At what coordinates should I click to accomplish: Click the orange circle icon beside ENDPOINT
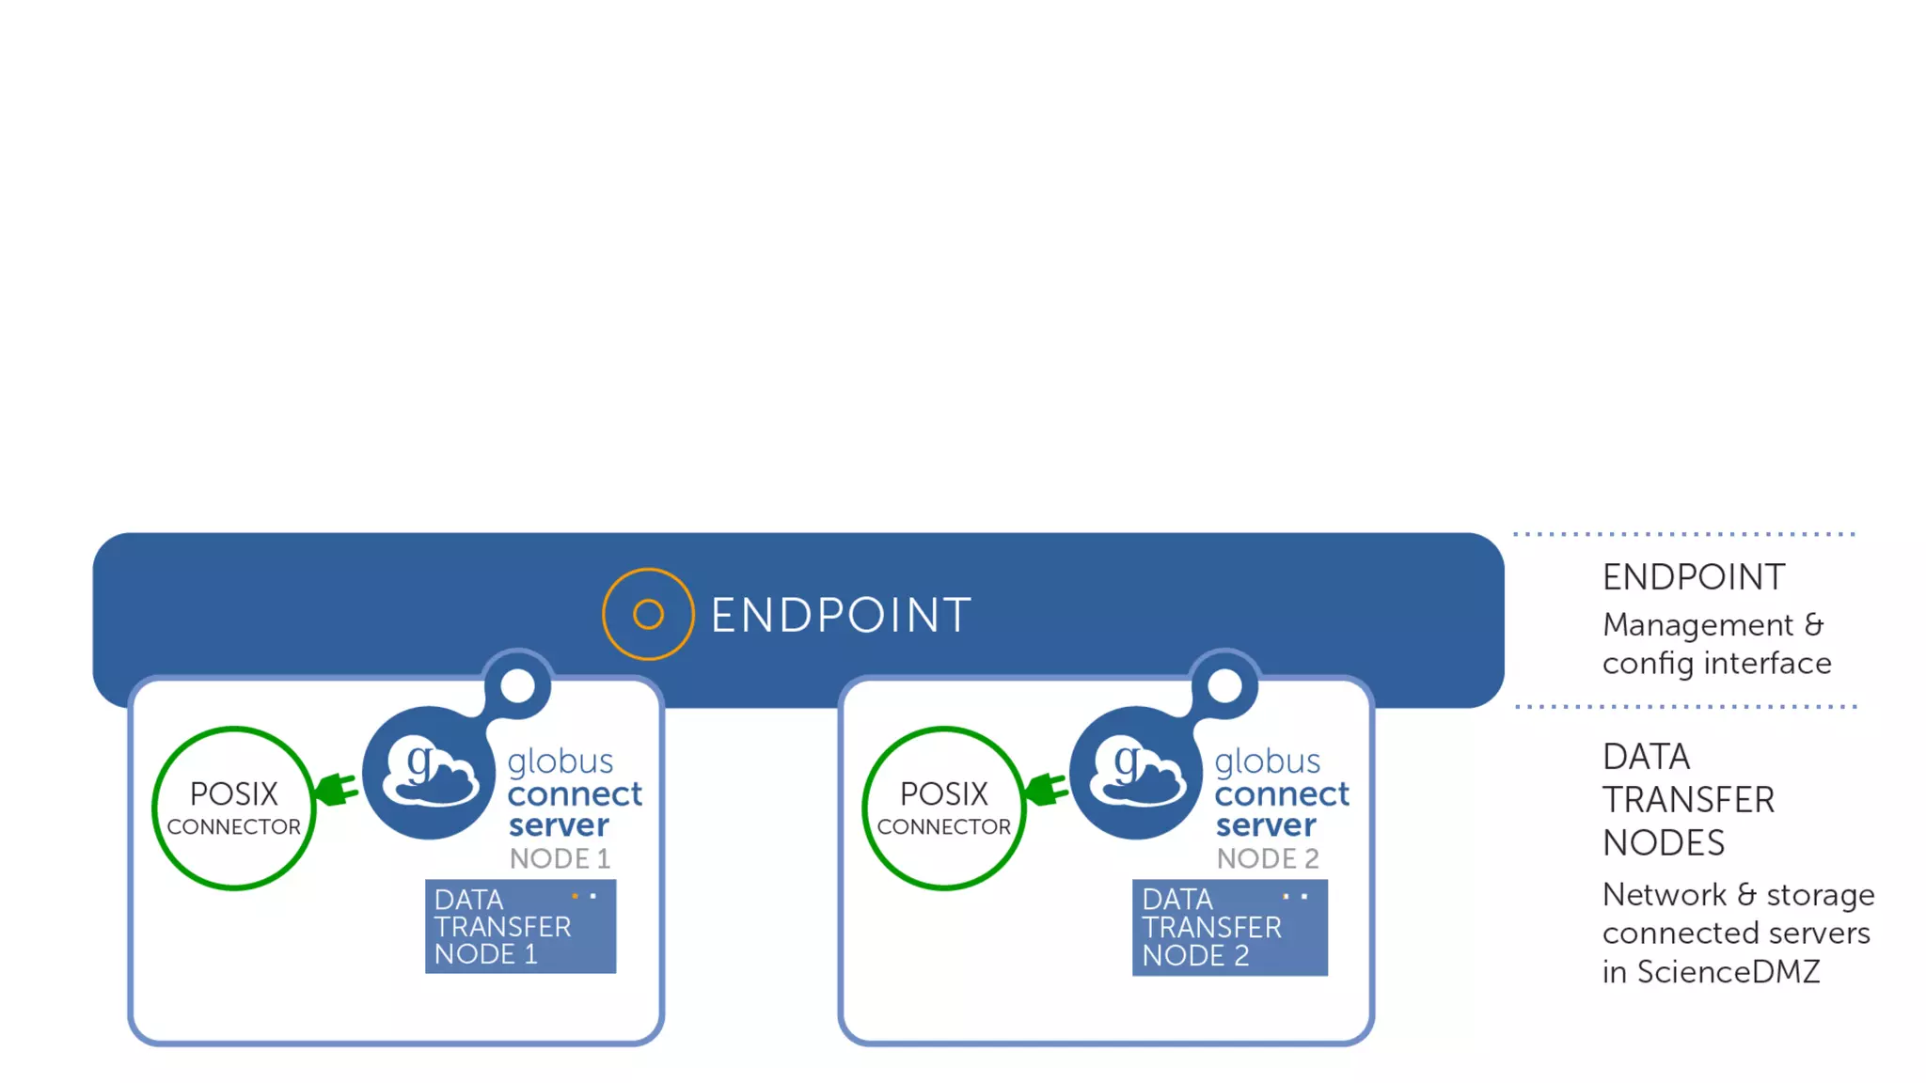648,614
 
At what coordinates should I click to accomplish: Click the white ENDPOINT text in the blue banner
841,616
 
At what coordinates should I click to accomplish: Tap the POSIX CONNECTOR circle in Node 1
234,808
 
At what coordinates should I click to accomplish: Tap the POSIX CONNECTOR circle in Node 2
944,808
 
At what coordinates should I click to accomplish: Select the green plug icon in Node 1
337,789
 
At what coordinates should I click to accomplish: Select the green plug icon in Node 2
1047,789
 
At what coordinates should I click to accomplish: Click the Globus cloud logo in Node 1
430,773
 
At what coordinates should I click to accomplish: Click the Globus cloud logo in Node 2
1137,773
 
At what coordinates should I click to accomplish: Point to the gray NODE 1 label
560,858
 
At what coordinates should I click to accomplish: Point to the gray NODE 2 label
1268,858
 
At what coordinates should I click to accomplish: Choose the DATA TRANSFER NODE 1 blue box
520,926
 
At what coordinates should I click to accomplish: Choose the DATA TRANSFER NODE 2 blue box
1229,927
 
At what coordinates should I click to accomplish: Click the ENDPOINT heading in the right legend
1693,577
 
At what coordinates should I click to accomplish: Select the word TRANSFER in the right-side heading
1688,800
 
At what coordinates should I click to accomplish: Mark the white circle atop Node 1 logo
517,685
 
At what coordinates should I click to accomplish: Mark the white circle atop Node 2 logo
1224,685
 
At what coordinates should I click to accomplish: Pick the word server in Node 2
1266,825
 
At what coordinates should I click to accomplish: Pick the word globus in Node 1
560,761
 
